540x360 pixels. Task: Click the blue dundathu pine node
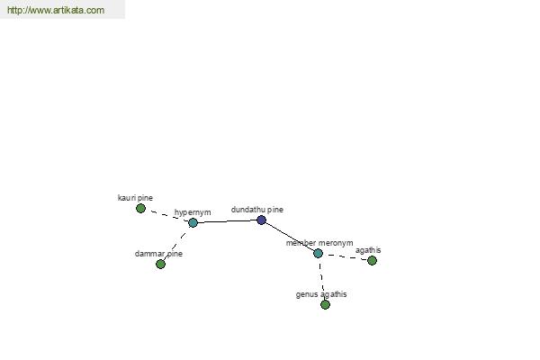click(x=261, y=220)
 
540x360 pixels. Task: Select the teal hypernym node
click(x=193, y=222)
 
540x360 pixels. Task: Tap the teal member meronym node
click(x=318, y=253)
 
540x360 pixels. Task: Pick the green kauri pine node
click(x=140, y=208)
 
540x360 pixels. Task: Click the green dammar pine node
click(x=160, y=264)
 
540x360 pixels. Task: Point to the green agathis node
click(x=372, y=260)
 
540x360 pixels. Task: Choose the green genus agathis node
click(x=325, y=304)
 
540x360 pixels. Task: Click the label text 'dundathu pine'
click(x=257, y=210)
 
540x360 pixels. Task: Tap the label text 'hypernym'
click(x=193, y=212)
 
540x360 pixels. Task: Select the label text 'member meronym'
click(x=319, y=243)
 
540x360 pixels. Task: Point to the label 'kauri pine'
click(x=135, y=198)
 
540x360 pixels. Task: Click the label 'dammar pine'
click(x=158, y=254)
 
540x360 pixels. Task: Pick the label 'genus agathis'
click(x=321, y=294)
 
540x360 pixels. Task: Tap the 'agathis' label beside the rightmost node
click(x=368, y=250)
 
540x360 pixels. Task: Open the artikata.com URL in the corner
click(x=56, y=10)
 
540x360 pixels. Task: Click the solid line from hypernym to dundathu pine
click(x=228, y=221)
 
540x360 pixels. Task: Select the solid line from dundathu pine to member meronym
click(x=290, y=237)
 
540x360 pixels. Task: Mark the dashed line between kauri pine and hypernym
click(x=166, y=215)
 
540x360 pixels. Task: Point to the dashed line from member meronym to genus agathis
click(x=321, y=279)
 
